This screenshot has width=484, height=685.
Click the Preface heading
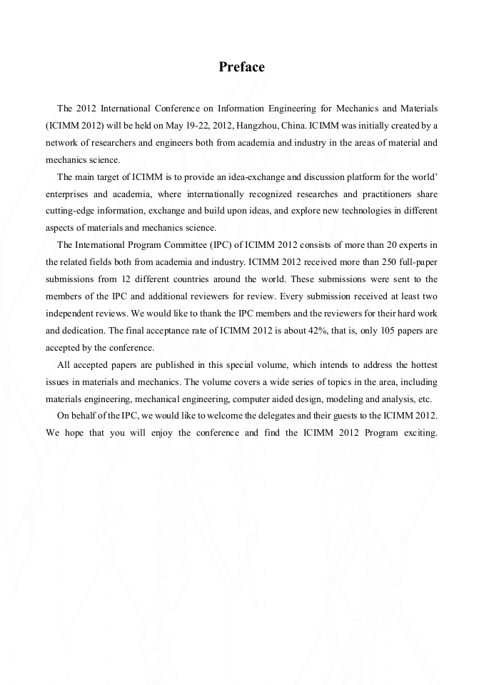(x=241, y=67)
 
